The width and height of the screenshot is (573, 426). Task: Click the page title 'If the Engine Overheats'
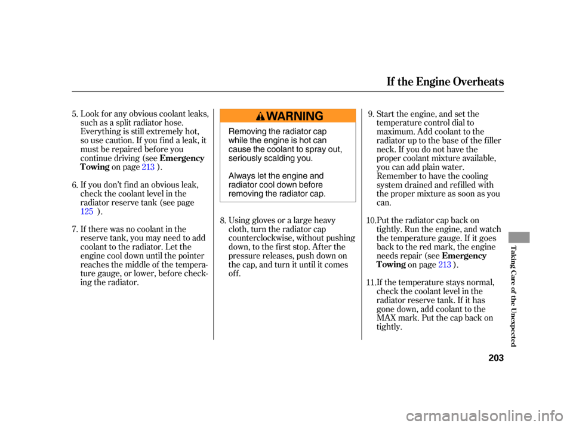(x=445, y=81)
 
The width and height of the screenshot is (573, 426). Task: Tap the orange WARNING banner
(x=288, y=116)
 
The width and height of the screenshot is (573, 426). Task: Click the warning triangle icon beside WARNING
(x=260, y=116)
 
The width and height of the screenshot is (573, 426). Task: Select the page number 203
(x=496, y=357)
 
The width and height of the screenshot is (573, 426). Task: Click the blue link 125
(x=87, y=212)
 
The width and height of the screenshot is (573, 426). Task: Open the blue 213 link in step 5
(x=148, y=167)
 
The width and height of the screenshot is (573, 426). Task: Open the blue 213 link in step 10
(x=444, y=264)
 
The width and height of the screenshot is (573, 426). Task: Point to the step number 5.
(x=75, y=114)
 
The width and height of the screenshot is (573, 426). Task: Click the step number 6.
(x=75, y=185)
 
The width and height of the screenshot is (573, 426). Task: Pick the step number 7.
(x=75, y=229)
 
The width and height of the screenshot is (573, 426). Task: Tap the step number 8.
(x=223, y=220)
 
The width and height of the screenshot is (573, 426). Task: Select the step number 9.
(x=371, y=114)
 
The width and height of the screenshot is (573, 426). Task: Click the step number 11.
(x=371, y=282)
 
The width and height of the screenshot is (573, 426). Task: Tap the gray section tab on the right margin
(x=519, y=237)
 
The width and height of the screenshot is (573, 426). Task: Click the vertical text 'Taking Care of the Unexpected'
(x=513, y=297)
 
